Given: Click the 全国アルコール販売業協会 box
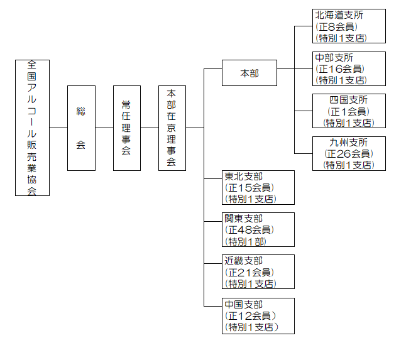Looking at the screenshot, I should pyautogui.click(x=32, y=128).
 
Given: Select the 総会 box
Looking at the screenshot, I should pyautogui.click(x=81, y=128).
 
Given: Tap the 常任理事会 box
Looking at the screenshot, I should pyautogui.click(x=126, y=128).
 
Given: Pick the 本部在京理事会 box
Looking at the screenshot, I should pyautogui.click(x=172, y=128).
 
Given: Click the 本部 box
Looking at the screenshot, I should pyautogui.click(x=249, y=74).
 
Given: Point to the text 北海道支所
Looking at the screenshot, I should pyautogui.click(x=339, y=15).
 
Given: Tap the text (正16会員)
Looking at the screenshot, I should pyautogui.click(x=339, y=68).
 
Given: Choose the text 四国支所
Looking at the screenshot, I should pyautogui.click(x=348, y=100).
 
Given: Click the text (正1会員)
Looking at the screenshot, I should pyautogui.click(x=348, y=111).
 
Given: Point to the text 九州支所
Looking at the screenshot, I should pyautogui.click(x=348, y=143).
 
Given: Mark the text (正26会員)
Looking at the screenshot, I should pyautogui.click(x=348, y=153).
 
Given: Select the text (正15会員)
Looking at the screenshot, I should pyautogui.click(x=249, y=187).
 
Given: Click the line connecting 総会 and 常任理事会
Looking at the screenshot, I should pyautogui.click(x=104, y=128).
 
